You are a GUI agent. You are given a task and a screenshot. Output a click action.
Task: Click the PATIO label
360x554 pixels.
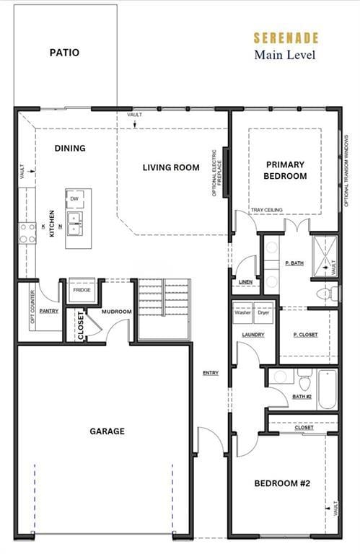(x=64, y=53)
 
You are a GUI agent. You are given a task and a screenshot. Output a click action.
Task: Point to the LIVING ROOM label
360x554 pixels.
(x=171, y=167)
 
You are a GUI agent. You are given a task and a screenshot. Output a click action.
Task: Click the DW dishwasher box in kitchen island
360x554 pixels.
(x=74, y=198)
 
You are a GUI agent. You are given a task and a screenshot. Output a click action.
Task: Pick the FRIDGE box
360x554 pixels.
(x=80, y=291)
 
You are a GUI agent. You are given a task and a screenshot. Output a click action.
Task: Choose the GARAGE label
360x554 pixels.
(x=107, y=431)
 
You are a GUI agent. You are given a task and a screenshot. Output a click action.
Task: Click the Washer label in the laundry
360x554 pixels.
(x=242, y=313)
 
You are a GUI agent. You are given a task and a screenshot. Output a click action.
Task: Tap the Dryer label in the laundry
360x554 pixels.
(x=265, y=313)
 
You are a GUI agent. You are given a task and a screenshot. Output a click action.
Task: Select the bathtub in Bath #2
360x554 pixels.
(x=327, y=389)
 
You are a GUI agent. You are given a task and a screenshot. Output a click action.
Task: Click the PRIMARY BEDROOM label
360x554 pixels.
(x=285, y=170)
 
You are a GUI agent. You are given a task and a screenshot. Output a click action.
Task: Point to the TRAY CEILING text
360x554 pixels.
(x=266, y=210)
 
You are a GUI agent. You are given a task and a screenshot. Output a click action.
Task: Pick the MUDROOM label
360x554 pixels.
(x=115, y=312)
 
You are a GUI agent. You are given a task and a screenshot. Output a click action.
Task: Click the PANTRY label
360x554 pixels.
(x=49, y=311)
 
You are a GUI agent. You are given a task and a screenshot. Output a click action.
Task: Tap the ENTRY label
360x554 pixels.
(x=211, y=373)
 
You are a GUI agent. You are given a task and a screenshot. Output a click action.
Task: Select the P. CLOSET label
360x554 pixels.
(x=306, y=335)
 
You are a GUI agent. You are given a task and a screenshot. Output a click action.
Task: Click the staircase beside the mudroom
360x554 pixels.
(x=164, y=308)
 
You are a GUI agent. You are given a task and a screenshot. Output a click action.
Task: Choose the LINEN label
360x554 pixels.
(x=245, y=282)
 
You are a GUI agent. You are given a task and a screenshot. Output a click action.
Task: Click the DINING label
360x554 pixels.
(x=70, y=148)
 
